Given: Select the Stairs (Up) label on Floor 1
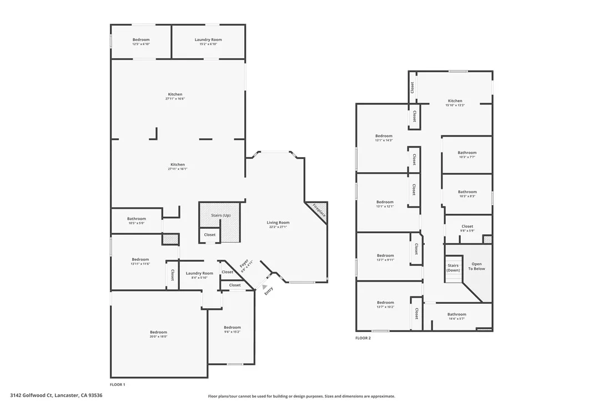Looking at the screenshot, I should [220, 215].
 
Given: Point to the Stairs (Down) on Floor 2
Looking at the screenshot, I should [453, 268].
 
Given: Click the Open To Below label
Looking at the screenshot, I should [476, 267].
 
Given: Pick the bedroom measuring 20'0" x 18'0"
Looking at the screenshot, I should [158, 334].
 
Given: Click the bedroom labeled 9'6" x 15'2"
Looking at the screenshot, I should [232, 329].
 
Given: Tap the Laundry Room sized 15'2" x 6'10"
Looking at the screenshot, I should [208, 41].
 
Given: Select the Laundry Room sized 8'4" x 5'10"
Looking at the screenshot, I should [199, 275].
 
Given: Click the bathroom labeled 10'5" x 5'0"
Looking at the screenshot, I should [136, 220].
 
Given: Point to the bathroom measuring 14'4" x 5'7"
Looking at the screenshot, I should [457, 316].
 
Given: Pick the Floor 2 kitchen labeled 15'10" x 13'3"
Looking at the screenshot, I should [455, 103].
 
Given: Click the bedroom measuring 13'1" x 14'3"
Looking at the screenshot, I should [384, 138].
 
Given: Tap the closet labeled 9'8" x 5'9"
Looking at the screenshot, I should [467, 228].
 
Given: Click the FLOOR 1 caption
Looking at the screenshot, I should [118, 384].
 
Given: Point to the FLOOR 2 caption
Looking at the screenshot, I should [363, 338].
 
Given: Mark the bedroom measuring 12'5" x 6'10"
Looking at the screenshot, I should [140, 41].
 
